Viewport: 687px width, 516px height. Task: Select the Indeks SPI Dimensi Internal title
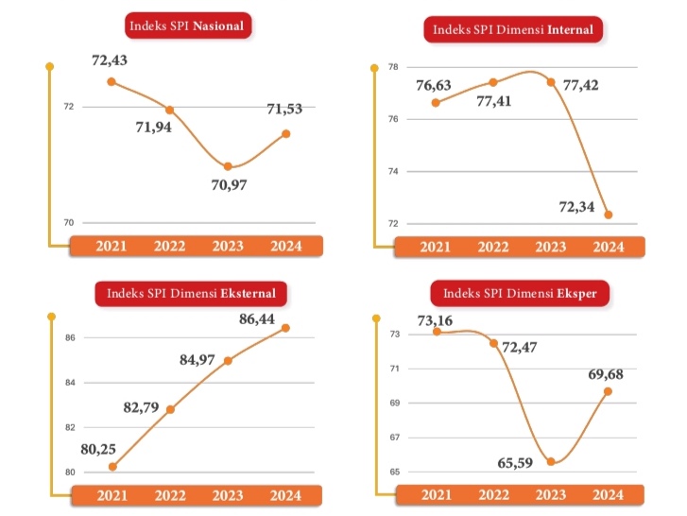513,29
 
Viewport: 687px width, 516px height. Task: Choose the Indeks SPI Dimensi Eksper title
520,294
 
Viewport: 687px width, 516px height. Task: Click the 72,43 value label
110,61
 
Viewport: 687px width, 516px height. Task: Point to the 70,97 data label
229,184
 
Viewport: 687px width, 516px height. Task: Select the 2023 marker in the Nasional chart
228,166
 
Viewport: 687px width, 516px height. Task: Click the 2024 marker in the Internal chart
609,215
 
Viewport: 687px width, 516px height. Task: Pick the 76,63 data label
434,85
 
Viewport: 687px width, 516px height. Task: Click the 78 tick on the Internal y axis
393,67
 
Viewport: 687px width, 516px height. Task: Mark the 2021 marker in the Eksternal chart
112,466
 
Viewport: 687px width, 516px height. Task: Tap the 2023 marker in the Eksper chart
551,462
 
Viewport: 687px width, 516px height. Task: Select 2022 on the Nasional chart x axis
170,247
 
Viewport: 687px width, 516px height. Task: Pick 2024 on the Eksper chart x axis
609,495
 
